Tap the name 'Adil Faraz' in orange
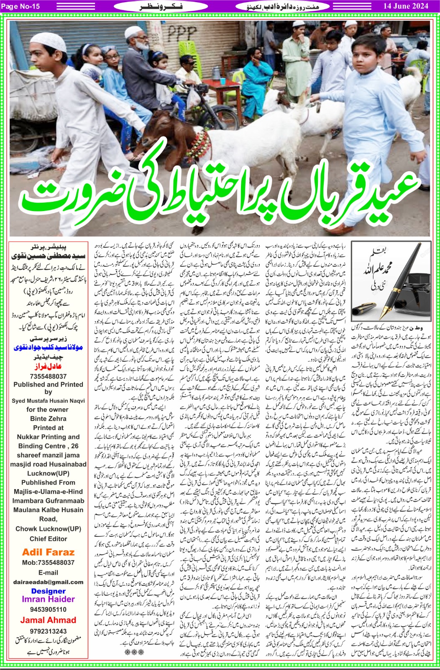pos(48,552)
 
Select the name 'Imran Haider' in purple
pos(48,599)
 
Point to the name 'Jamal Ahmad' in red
pos(48,620)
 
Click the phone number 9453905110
pos(48,609)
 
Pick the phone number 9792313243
pos(48,631)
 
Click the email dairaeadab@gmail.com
pos(48,582)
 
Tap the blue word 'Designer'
pos(48,591)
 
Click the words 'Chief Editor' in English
pos(48,539)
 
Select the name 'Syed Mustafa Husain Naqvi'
pos(48,401)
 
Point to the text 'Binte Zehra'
pos(48,419)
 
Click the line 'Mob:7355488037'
pos(48,563)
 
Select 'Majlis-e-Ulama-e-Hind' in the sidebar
pos(48,492)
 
